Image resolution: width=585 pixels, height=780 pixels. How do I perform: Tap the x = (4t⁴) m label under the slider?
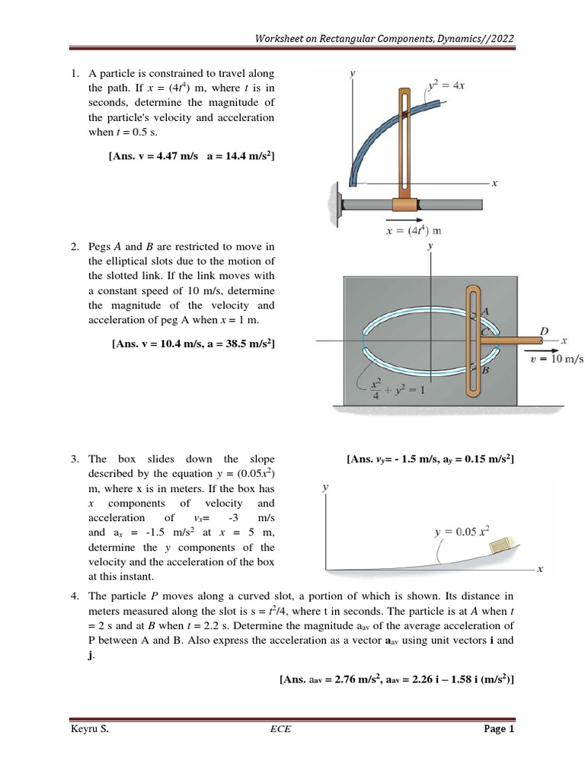[414, 230]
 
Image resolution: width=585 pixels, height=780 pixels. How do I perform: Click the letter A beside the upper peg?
[485, 310]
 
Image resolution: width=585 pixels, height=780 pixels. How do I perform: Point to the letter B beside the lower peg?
[484, 370]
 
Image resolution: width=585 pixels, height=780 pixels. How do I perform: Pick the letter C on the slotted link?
[484, 331]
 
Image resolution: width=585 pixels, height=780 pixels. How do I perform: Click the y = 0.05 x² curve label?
[462, 530]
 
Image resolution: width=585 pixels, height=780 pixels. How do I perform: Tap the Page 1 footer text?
[500, 729]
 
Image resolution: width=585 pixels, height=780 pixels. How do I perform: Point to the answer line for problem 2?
[193, 344]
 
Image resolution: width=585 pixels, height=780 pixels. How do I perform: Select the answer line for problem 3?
[430, 459]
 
